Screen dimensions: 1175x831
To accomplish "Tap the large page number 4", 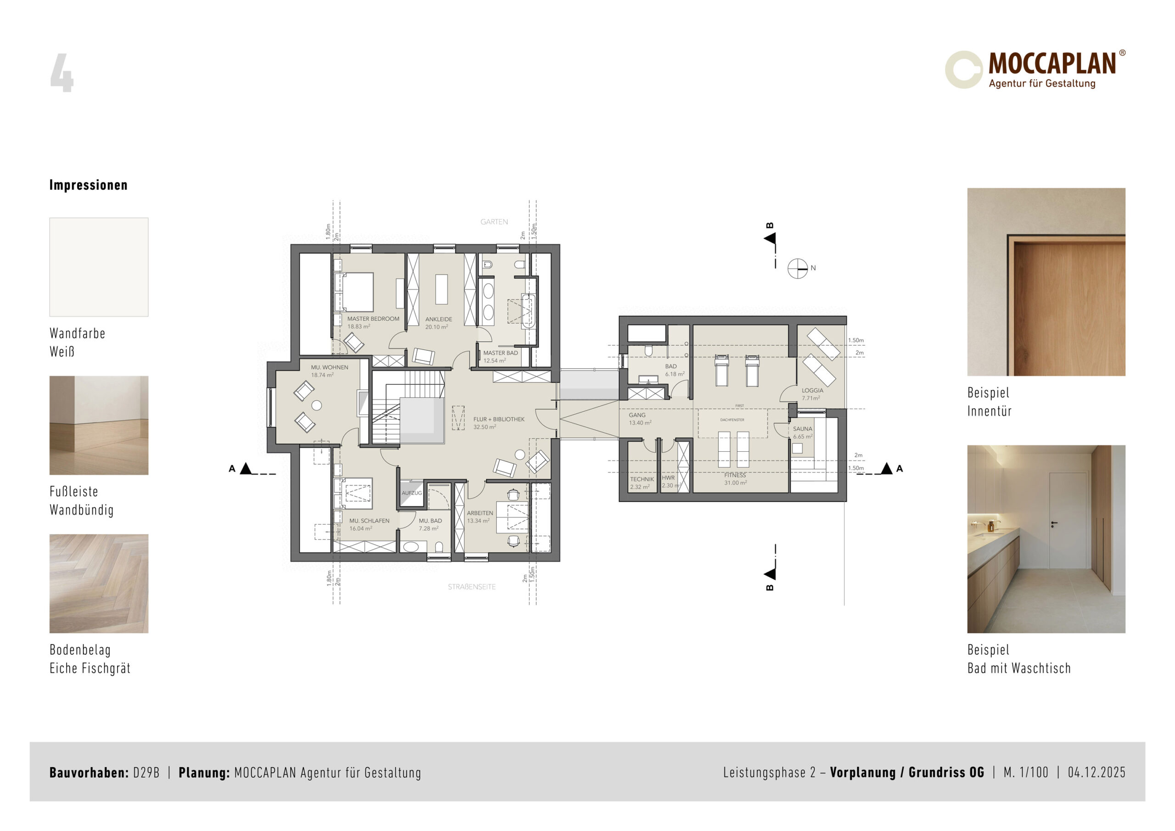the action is pyautogui.click(x=62, y=73).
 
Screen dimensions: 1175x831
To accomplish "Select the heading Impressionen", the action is pyautogui.click(x=89, y=185).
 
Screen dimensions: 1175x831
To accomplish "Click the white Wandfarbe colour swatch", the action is pyautogui.click(x=99, y=267).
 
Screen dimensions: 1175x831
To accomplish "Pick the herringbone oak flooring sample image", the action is pyautogui.click(x=99, y=584).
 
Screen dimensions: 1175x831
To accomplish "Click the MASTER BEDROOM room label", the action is pyautogui.click(x=373, y=319).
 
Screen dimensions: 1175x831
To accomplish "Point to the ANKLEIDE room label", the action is pyautogui.click(x=439, y=319).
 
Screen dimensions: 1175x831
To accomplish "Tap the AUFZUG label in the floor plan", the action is pyautogui.click(x=411, y=493).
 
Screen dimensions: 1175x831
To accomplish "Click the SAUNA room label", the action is pyautogui.click(x=802, y=428).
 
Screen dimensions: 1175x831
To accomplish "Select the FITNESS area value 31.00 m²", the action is pyautogui.click(x=735, y=483).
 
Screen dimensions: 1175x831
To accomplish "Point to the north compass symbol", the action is pyautogui.click(x=797, y=268).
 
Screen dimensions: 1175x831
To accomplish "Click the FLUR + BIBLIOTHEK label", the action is pyautogui.click(x=499, y=419).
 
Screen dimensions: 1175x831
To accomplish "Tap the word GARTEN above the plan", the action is pyautogui.click(x=494, y=222).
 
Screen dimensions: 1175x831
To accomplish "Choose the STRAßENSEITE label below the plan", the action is pyautogui.click(x=472, y=587).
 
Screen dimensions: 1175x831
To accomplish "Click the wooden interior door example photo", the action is pyautogui.click(x=1046, y=282).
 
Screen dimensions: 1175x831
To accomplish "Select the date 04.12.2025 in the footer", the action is pyautogui.click(x=1097, y=772).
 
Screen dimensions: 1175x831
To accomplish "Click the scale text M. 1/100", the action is pyautogui.click(x=1026, y=772).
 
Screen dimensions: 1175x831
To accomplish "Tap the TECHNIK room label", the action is pyautogui.click(x=642, y=479).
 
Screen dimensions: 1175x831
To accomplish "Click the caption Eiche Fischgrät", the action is pyautogui.click(x=90, y=668).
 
